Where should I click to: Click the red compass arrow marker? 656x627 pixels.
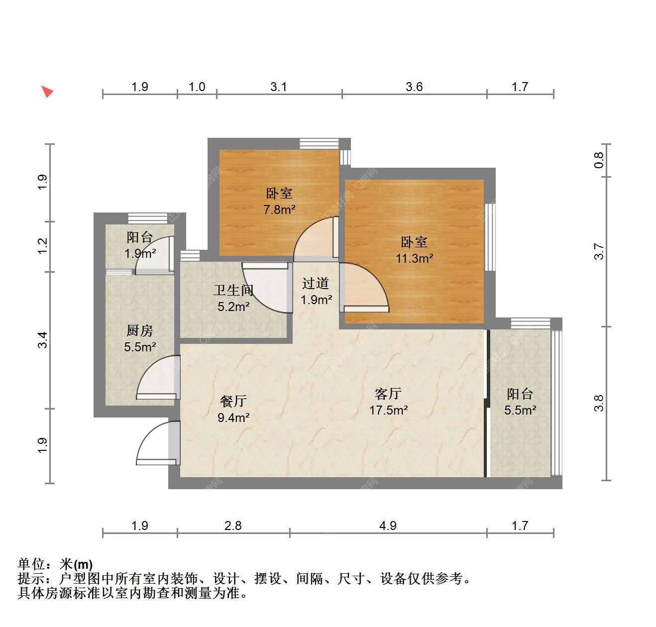tap(47, 92)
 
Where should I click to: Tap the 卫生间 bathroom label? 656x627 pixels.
tap(233, 290)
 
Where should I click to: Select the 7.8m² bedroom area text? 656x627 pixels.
tap(279, 209)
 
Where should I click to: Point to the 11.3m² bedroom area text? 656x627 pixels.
tap(414, 259)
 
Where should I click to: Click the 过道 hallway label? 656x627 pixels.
tap(316, 284)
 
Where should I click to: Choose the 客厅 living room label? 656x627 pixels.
tap(388, 394)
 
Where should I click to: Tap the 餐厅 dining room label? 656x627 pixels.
tap(233, 401)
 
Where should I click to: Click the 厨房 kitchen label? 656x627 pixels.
tap(139, 331)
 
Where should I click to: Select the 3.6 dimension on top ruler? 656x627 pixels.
tap(414, 87)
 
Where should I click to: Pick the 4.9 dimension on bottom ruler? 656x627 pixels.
tap(388, 525)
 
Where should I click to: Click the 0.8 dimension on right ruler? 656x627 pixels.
tap(599, 160)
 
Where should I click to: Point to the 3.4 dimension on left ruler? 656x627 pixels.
tap(42, 340)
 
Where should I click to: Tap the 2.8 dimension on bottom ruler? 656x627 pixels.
tap(233, 525)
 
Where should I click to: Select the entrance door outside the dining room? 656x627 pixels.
tap(157, 443)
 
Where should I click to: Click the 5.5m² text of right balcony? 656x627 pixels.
tap(520, 410)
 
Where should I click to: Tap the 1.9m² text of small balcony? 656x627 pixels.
tap(140, 253)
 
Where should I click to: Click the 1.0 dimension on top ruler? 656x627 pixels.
tap(197, 87)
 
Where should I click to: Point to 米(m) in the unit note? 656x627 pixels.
tap(76, 564)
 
